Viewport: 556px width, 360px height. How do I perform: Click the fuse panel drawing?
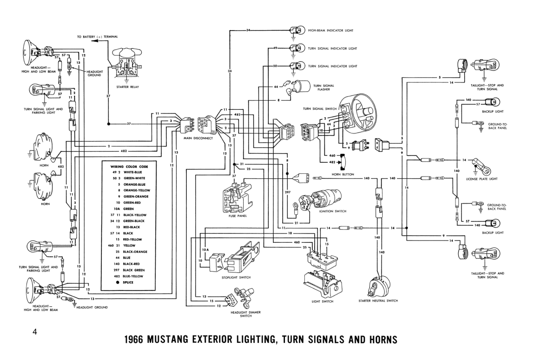(237, 198)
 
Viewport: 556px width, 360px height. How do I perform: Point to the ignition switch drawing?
(320, 200)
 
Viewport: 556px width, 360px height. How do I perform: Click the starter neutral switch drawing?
(379, 286)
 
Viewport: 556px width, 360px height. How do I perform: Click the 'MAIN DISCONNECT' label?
(198, 138)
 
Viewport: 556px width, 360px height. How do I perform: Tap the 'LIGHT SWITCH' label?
(322, 302)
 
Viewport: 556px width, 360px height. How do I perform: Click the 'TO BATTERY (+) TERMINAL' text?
(97, 37)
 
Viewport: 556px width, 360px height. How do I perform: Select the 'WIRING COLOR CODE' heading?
(129, 167)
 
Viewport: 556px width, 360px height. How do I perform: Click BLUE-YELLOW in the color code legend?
(133, 276)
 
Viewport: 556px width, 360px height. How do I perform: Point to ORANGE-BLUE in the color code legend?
(134, 184)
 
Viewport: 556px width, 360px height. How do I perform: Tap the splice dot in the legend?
(118, 283)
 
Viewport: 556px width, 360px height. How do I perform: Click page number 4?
(35, 332)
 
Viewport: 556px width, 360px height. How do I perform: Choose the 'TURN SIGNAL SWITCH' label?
(320, 109)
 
